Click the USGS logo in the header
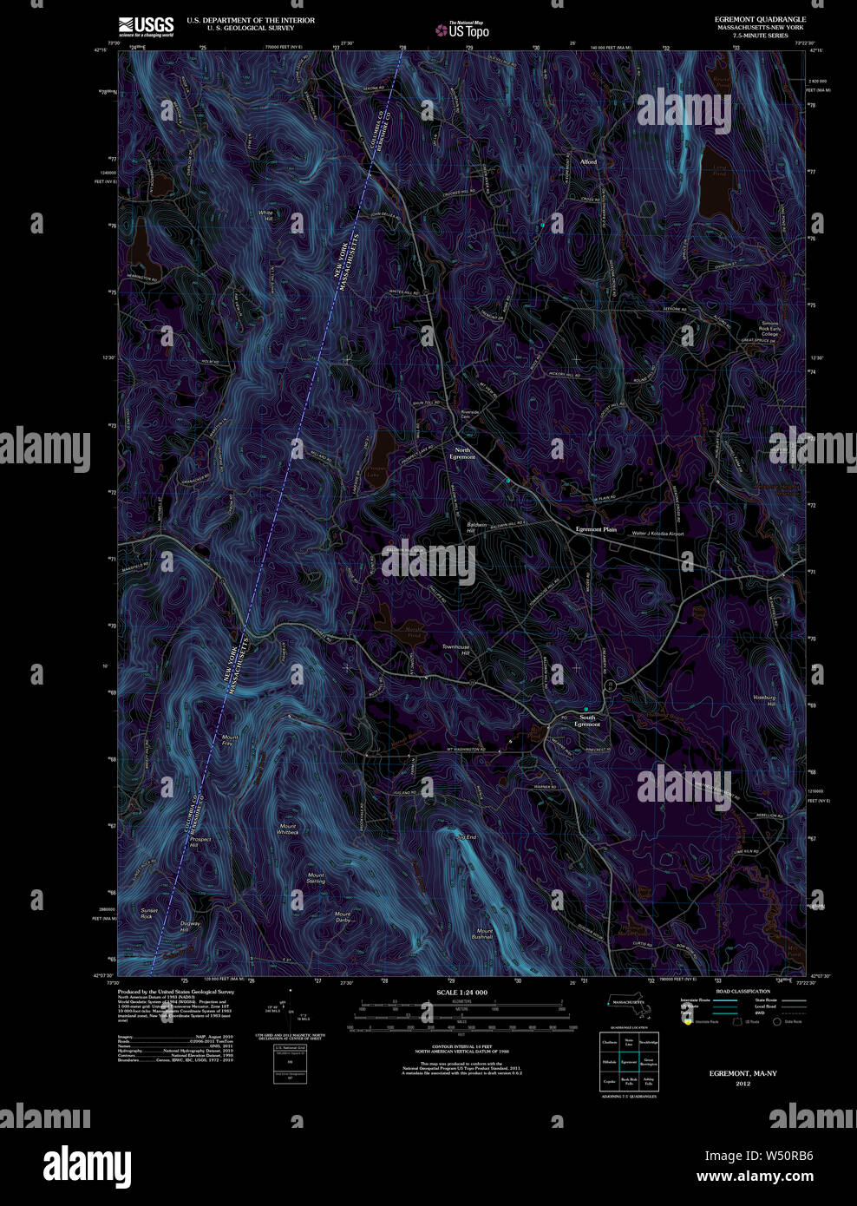(x=146, y=26)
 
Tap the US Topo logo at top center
(x=462, y=30)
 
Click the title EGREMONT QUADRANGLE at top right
(x=760, y=19)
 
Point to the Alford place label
(x=588, y=161)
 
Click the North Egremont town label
(x=462, y=454)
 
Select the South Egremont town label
(x=588, y=721)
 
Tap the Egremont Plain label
(x=596, y=529)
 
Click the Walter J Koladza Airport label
(x=657, y=534)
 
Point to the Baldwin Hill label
(x=476, y=528)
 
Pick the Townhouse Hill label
(x=455, y=650)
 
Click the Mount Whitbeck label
(x=288, y=829)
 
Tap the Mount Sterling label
(x=316, y=878)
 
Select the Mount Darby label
(x=343, y=916)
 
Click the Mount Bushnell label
(x=483, y=934)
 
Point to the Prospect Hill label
(x=200, y=842)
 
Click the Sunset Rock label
(x=148, y=914)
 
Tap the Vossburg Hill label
(x=764, y=700)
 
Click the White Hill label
(x=265, y=215)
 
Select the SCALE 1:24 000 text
(x=461, y=993)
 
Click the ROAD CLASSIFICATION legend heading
(x=743, y=991)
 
